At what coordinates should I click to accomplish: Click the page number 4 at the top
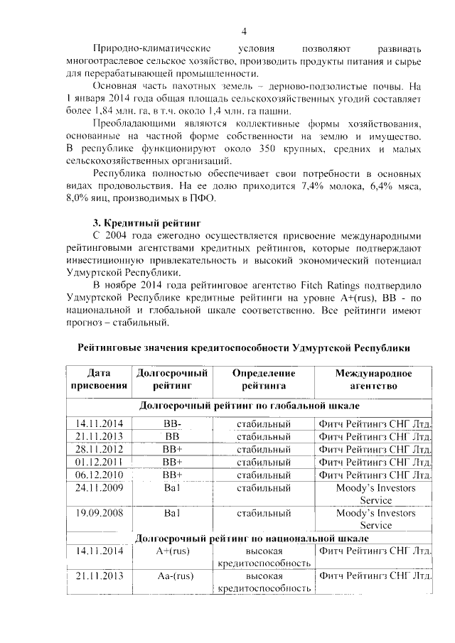pos(244,31)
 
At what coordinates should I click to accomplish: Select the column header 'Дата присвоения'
pos(100,379)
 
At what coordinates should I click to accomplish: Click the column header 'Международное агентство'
pos(374,379)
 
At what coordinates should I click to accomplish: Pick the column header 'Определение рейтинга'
pos(263,379)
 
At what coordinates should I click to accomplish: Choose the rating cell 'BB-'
pos(172,424)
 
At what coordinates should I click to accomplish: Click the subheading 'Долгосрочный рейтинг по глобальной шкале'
pos(248,406)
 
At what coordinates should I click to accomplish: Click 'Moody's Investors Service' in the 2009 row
pos(375,494)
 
